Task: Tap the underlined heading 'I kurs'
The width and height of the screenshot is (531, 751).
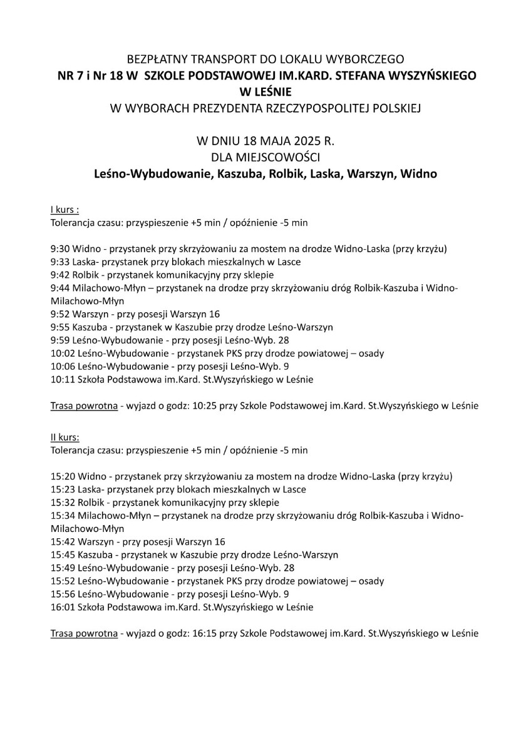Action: tap(64, 209)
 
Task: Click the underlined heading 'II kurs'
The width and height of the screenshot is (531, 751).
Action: tap(64, 436)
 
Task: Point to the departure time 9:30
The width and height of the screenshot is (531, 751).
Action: tap(59, 248)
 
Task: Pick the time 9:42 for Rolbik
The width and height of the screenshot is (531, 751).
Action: tap(59, 274)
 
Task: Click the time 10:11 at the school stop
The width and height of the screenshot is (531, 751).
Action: tap(62, 379)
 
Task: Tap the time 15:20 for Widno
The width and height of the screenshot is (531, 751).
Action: tap(62, 476)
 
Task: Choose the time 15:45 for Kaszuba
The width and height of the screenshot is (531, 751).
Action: tap(62, 554)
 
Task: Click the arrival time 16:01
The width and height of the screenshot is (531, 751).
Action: tap(62, 607)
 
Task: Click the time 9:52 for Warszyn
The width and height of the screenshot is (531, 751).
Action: tap(59, 314)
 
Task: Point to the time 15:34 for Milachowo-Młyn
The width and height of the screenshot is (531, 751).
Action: tap(62, 515)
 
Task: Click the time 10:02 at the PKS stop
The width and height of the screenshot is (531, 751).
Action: tap(62, 353)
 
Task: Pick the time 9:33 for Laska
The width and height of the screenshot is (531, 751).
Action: tap(59, 262)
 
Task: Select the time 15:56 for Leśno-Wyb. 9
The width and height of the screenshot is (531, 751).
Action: tap(62, 594)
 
